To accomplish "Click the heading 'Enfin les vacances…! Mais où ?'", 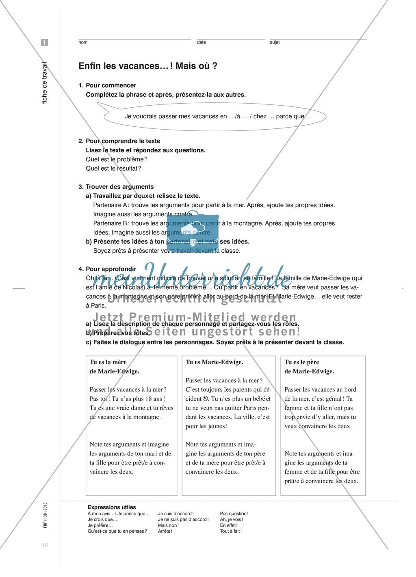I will point(147,65).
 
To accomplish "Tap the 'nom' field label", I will point(83,42).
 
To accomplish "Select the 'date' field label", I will point(201,42).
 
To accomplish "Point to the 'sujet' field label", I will point(275,42).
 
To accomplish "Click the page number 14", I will point(45,545).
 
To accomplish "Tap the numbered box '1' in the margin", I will point(44,42).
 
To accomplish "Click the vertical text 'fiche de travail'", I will point(45,83).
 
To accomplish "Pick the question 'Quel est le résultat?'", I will point(113,169).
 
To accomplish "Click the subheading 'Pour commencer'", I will point(111,85).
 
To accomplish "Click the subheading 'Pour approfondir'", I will point(111,269).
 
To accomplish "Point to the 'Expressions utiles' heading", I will point(112,507).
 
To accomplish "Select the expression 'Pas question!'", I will point(234,514).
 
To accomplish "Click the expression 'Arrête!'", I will point(165,531).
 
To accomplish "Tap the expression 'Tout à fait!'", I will point(231,531).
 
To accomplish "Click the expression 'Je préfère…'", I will point(100,525).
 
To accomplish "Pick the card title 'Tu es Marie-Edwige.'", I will point(214,362).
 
